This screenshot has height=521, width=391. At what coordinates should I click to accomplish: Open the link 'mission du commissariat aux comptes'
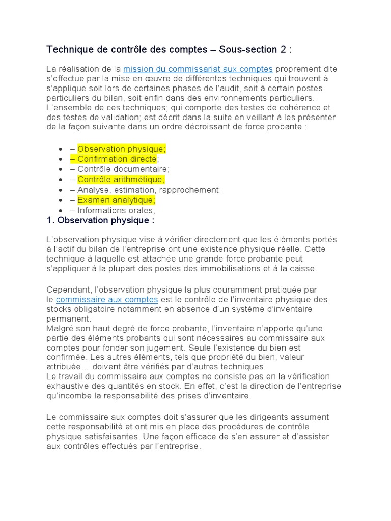click(198, 69)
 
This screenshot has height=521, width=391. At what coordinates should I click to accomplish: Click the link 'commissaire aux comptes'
click(107, 299)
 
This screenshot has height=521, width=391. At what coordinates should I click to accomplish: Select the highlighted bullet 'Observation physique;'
click(121, 149)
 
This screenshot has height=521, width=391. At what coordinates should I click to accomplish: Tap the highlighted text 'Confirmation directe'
click(117, 159)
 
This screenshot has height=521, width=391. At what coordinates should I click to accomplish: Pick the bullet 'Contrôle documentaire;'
click(124, 169)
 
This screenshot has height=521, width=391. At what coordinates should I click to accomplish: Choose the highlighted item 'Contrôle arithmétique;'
click(121, 180)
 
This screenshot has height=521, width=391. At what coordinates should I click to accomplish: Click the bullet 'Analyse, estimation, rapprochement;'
click(149, 190)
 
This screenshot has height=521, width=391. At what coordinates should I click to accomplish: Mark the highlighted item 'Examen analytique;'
click(116, 200)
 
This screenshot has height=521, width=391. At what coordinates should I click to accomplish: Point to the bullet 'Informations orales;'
click(116, 210)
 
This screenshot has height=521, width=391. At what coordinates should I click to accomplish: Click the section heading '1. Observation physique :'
click(100, 220)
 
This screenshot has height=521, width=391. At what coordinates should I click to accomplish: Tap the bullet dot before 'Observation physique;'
click(61, 149)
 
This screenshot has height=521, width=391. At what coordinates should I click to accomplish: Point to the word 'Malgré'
click(60, 328)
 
